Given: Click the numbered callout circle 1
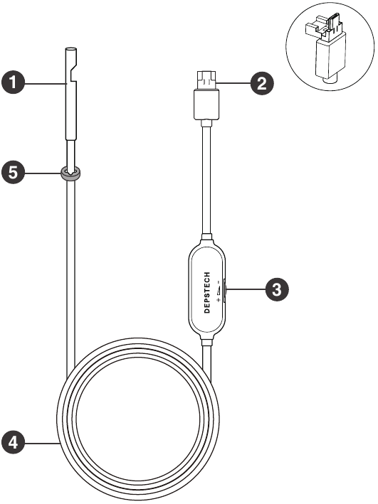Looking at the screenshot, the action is coord(13,82).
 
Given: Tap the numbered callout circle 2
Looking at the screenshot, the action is coord(262,83).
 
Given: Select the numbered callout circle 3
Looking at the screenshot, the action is coord(277,289).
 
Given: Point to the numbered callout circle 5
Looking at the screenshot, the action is coord(13,173).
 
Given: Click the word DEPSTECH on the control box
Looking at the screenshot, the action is coord(207,292).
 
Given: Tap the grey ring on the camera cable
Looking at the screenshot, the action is coord(71,173).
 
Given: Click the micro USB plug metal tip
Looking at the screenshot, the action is coord(206,80).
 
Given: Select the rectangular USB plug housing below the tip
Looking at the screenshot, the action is coord(206,104).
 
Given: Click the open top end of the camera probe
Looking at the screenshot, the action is coord(71,50).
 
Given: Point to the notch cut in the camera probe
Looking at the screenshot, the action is coord(74,73).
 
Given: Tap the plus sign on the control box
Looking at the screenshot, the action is coord(219,300).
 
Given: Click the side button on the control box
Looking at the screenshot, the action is coord(225,289).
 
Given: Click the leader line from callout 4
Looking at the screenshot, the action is coord(42,444).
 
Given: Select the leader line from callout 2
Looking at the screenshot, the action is coord(233,83).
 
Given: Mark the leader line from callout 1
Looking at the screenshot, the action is coord(45,83).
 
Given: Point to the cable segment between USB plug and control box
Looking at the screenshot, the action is coord(207,180).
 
